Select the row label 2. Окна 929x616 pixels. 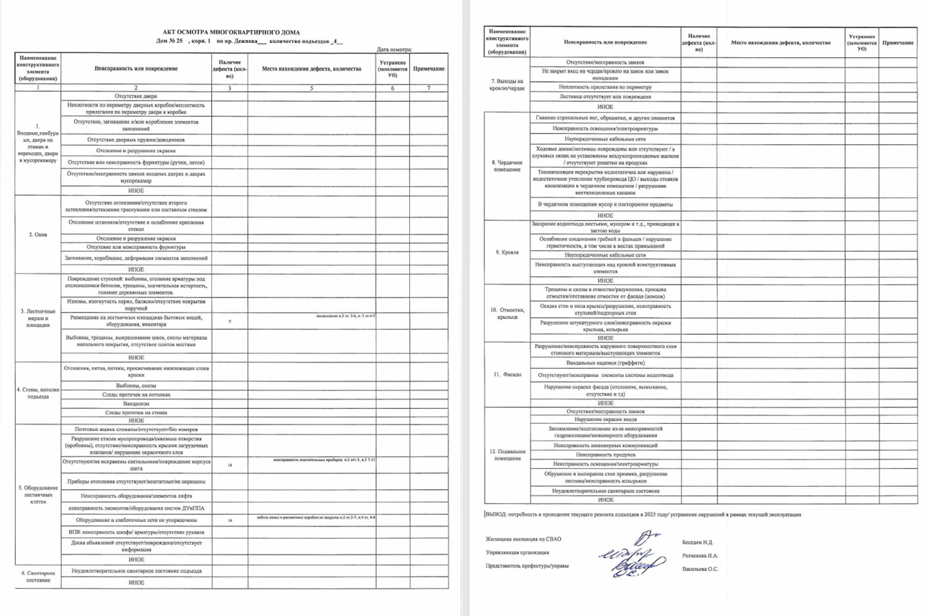tap(37, 234)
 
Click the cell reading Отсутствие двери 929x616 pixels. tap(136, 95)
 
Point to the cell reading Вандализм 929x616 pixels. tap(136, 404)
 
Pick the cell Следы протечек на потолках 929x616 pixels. tap(136, 394)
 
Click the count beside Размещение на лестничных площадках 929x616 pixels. tap(230, 321)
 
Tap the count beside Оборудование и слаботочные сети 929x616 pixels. tap(230, 520)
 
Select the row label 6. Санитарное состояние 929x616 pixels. tap(37, 577)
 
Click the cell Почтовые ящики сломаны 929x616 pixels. tap(136, 429)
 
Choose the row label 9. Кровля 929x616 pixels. tap(508, 252)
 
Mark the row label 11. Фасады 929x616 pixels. tap(508, 374)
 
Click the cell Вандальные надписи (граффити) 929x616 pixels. tap(604, 363)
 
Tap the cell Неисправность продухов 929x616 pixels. tap(604, 455)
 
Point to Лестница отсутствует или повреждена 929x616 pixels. tap(604, 96)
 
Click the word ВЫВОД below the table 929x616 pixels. tap(495, 514)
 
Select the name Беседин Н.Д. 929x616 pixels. tap(699, 542)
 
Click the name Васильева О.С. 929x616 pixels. tap(700, 569)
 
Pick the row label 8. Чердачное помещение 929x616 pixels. tap(508, 166)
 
